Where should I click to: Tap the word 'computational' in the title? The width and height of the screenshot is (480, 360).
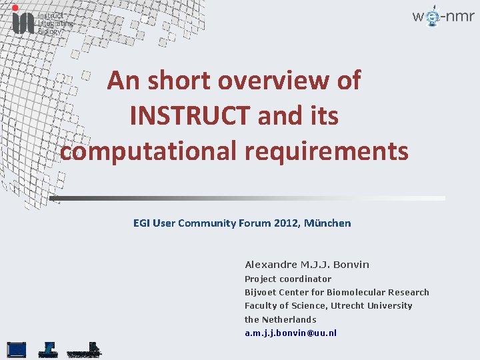point(148,151)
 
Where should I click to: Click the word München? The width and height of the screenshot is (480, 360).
point(327,223)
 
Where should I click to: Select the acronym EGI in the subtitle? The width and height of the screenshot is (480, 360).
point(141,223)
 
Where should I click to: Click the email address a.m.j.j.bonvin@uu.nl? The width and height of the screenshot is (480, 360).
point(291,333)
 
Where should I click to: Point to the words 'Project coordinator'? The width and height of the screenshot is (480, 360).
point(288,279)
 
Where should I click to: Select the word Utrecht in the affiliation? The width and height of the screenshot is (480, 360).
point(351,305)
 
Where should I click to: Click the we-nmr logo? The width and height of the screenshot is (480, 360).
point(443,17)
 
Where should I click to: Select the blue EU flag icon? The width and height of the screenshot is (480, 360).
point(17,349)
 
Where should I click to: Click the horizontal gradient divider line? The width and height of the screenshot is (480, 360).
point(247,198)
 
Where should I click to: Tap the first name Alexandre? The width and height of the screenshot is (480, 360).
point(270,265)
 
